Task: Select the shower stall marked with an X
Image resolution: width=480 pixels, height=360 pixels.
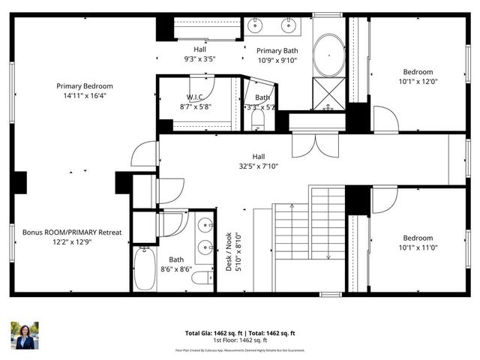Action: click(x=328, y=94)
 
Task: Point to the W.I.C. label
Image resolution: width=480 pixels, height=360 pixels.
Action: click(x=196, y=97)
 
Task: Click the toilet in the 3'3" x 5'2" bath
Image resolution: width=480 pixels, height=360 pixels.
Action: click(x=258, y=119)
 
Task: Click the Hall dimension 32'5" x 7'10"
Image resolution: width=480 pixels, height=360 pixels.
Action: click(x=258, y=167)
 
